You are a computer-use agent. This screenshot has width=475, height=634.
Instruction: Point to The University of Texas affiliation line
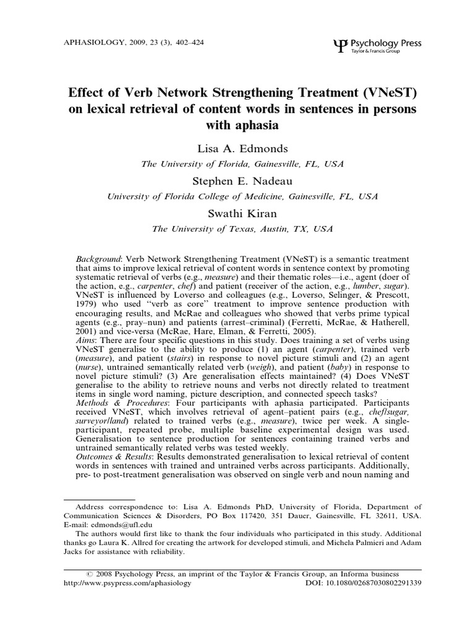[x=237, y=228]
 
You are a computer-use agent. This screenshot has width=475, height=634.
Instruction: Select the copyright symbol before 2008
[x=91, y=574]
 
